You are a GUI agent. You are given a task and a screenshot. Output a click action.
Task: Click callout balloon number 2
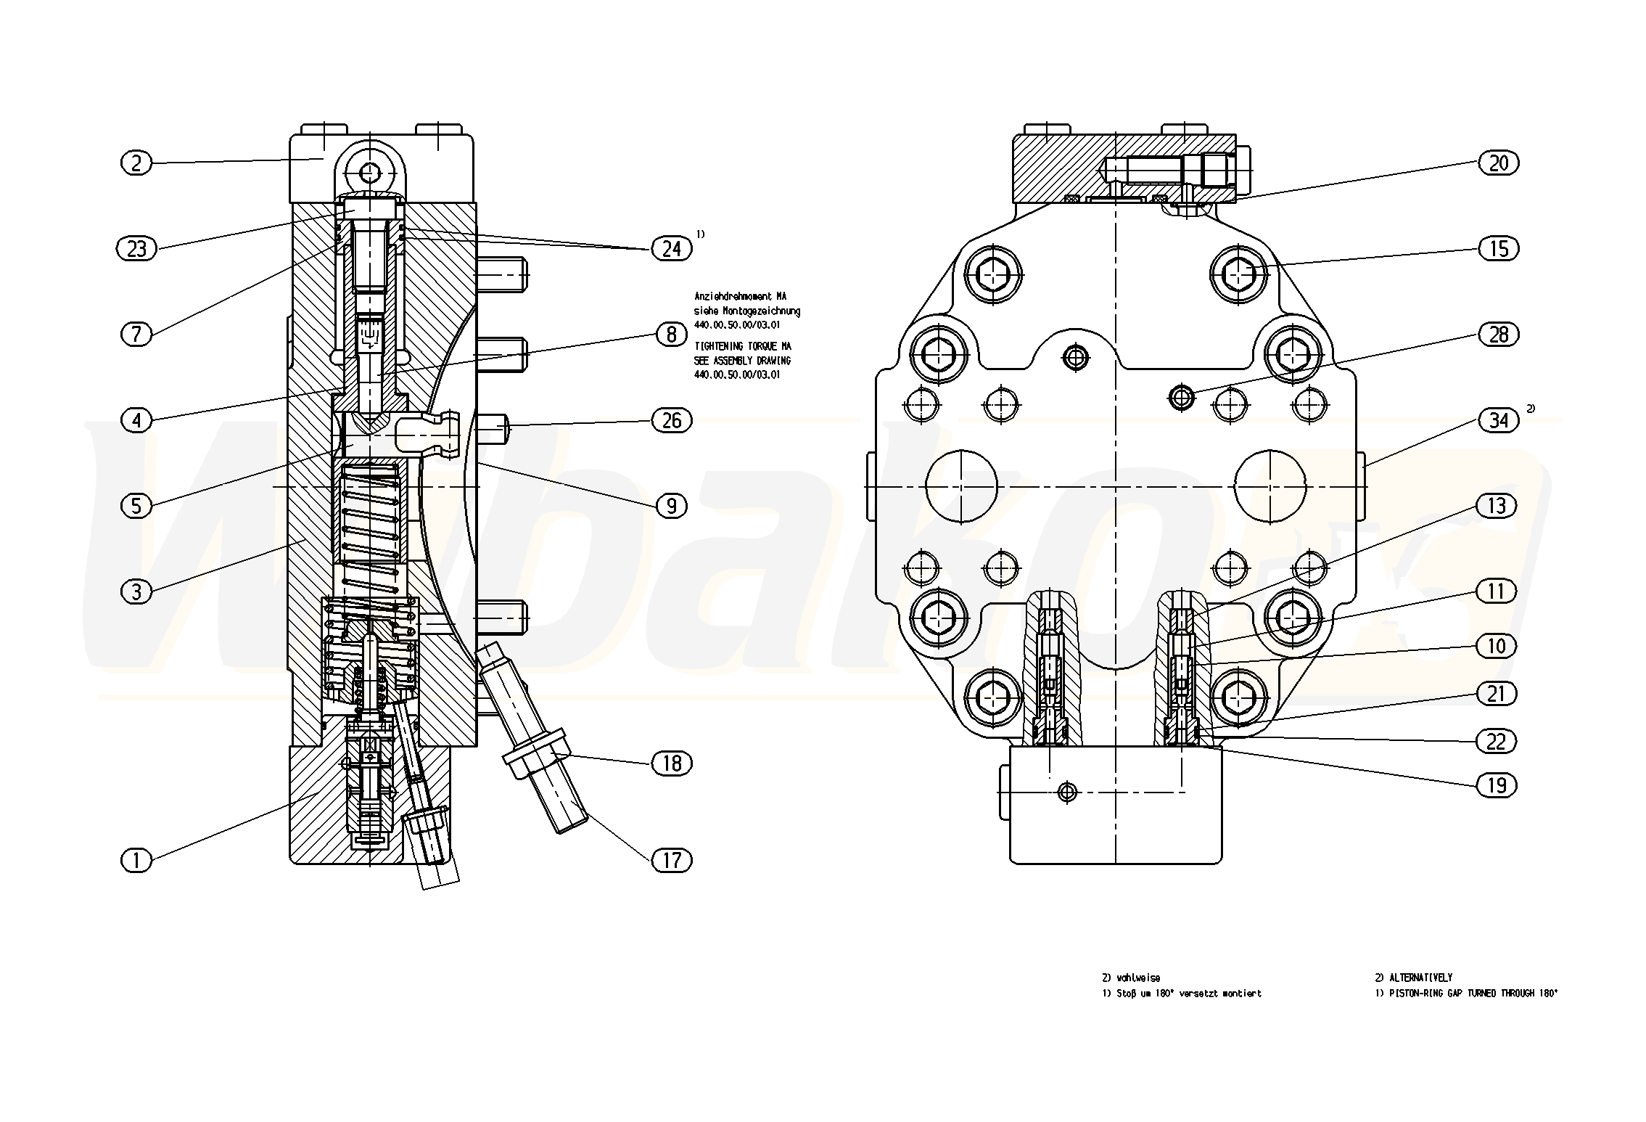tap(136, 163)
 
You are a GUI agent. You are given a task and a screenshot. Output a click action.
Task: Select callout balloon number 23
tap(136, 249)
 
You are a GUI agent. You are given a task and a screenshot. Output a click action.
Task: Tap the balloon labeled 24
tap(672, 249)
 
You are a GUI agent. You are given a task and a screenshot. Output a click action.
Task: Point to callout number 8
tap(671, 335)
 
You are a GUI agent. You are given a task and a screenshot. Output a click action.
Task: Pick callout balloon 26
tap(672, 420)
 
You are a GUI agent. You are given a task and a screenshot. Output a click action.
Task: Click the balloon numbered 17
tap(672, 860)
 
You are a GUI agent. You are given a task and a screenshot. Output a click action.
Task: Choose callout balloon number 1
tap(136, 860)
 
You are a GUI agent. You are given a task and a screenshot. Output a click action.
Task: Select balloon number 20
tap(1498, 163)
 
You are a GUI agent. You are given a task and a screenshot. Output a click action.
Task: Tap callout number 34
tap(1498, 420)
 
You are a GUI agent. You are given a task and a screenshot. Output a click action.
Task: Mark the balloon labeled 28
tap(1498, 335)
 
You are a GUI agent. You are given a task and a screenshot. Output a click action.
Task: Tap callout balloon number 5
tap(136, 506)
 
